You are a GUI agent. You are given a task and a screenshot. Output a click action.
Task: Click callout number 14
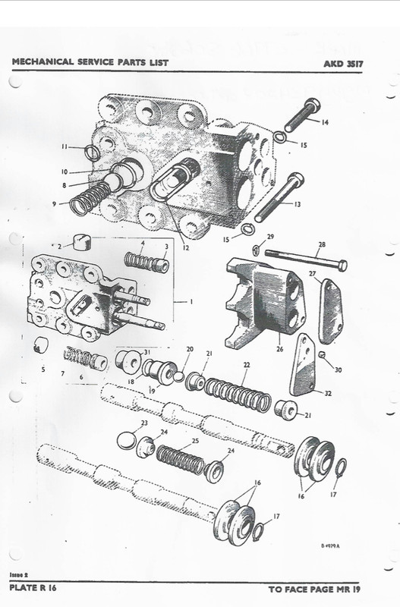pos(324,122)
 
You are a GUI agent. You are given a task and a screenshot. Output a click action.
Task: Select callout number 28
pos(321,245)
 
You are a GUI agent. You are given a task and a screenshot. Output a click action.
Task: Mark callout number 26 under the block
pos(279,350)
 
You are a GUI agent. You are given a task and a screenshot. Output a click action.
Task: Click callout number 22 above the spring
pos(245,366)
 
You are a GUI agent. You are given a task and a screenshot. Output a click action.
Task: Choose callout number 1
pos(191,301)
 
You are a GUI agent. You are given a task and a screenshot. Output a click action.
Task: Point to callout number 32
pos(327,394)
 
